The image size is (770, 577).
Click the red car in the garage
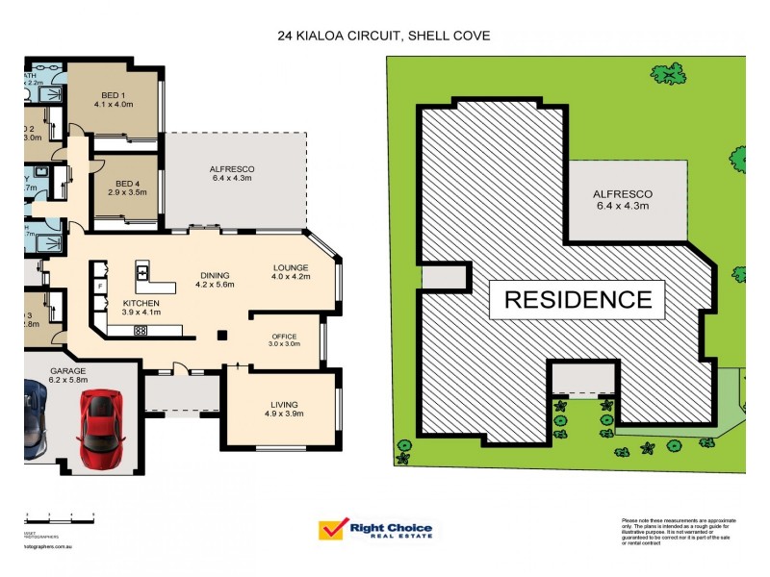point(99,422)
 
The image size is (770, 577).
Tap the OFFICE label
point(286,337)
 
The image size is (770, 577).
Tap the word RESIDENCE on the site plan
point(577,299)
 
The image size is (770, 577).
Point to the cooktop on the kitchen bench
point(140,331)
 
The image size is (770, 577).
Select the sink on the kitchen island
point(143,272)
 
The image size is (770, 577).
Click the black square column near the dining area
point(223,335)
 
